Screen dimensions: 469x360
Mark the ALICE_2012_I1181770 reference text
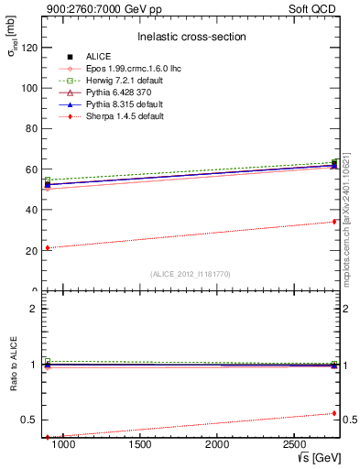pyautogui.click(x=191, y=274)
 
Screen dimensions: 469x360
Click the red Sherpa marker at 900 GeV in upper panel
pyautogui.click(x=48, y=247)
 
